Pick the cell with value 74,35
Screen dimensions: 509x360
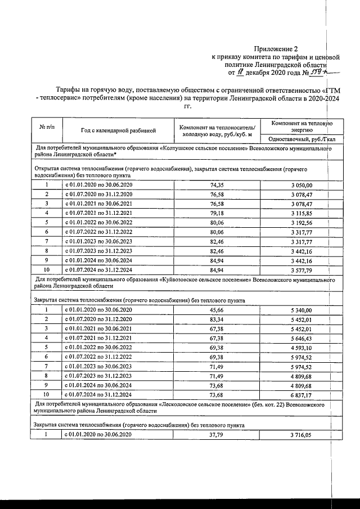pos(217,184)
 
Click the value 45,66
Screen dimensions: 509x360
pos(217,309)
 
